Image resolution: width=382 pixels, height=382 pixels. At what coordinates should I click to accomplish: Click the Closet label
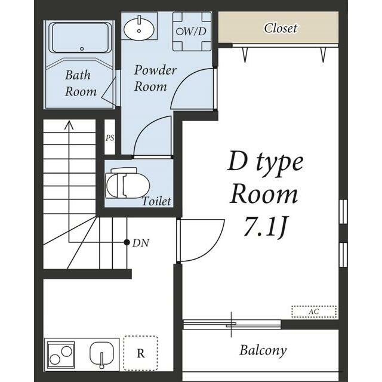tap(281, 28)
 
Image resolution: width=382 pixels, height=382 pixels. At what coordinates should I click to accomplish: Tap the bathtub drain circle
tap(82, 49)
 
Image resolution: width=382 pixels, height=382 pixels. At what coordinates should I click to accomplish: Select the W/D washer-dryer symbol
tap(192, 32)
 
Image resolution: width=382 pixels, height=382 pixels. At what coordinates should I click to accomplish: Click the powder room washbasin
tap(139, 29)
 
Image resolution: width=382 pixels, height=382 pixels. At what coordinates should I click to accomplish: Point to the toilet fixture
tap(127, 183)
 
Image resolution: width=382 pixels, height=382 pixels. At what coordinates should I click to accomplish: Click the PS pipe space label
tap(110, 138)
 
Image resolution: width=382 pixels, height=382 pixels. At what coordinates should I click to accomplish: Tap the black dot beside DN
tap(127, 242)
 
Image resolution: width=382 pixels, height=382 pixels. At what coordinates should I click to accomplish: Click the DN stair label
tap(141, 243)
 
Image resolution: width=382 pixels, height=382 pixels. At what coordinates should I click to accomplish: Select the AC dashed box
tap(314, 312)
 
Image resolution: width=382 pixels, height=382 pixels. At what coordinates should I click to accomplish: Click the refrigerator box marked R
tap(141, 353)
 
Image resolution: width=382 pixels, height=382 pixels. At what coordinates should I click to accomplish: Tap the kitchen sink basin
tap(101, 353)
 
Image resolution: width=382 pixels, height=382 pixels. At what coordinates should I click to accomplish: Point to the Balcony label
tap(263, 350)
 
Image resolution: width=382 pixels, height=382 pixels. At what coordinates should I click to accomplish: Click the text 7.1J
tap(265, 226)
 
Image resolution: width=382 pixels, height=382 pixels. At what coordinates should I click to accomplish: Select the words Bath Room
tap(81, 83)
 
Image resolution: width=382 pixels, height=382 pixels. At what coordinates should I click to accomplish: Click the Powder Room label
tap(155, 78)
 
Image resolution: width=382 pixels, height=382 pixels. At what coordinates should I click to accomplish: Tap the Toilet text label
tap(156, 201)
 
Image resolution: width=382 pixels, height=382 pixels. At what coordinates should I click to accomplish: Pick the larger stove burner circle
tap(66, 352)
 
